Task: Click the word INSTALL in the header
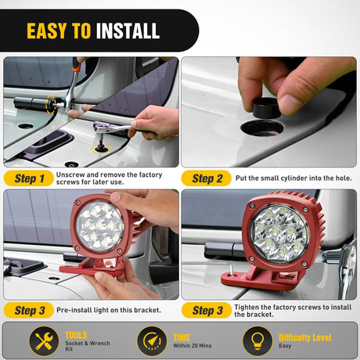pos(128,31)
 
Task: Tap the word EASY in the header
pos(46,31)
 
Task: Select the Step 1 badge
pos(29,178)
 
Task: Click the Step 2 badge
pos(207,178)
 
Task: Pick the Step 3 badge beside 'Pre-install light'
pos(29,310)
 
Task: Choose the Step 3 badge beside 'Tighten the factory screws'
pos(207,310)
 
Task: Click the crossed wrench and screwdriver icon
pos(44,341)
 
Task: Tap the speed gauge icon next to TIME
pos(152,341)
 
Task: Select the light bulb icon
pos(257,341)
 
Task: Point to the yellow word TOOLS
pos(76,335)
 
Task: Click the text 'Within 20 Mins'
pos(193,346)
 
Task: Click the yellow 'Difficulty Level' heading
pos(305,338)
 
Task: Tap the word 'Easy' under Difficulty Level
pos(285,346)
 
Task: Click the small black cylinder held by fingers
pos(266,107)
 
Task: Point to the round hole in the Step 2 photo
pos(262,128)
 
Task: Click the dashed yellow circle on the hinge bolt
pos(51,104)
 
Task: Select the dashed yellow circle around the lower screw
pos(102,149)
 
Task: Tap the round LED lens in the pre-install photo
pos(99,226)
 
